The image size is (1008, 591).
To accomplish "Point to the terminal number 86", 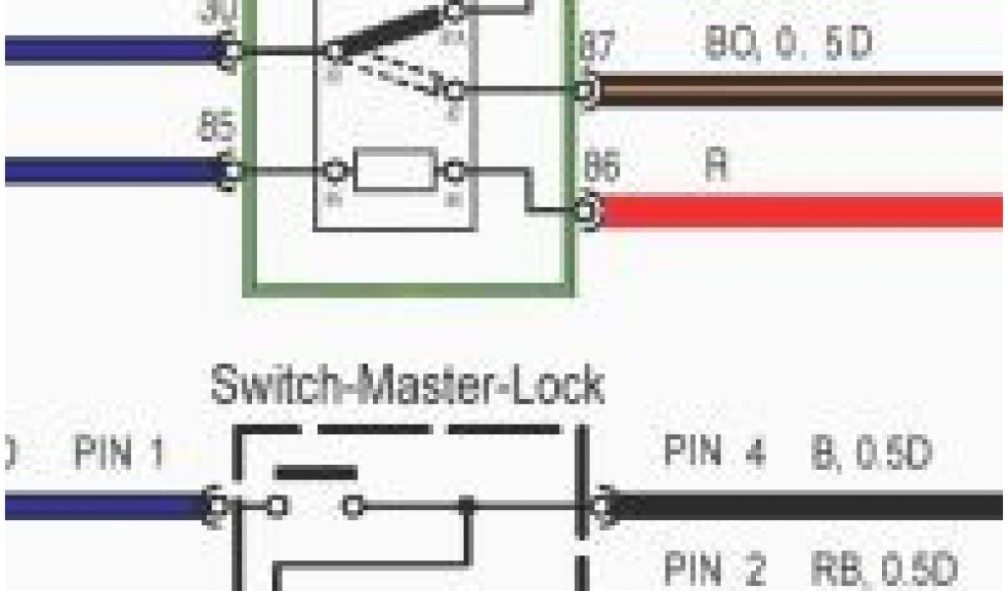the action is pos(602,167).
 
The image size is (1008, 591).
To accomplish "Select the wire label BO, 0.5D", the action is pos(787,45).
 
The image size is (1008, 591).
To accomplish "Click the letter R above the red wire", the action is pos(717,164).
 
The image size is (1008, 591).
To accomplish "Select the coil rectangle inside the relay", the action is pos(394,172).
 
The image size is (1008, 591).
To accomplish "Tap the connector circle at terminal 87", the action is pos(588,91).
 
